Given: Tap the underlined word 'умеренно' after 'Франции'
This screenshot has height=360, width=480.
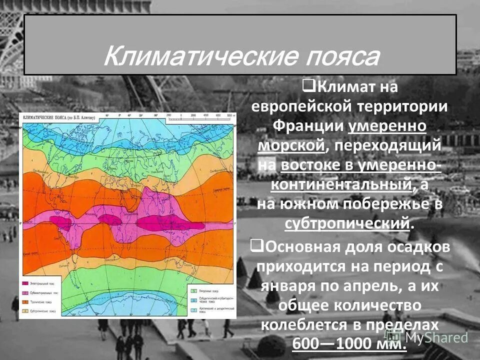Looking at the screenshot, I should [387, 126].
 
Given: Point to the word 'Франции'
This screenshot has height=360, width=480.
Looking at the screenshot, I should [308, 126].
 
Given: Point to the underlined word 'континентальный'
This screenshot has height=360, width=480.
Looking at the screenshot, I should [342, 184].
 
